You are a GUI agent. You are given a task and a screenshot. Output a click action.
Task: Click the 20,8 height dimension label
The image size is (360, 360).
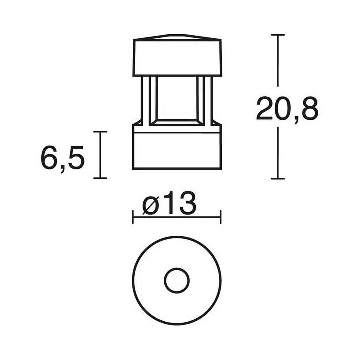click(x=287, y=109)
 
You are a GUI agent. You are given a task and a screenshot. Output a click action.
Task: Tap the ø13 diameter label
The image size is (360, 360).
click(x=169, y=203)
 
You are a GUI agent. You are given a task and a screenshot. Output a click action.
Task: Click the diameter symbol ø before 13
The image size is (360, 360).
click(x=151, y=205)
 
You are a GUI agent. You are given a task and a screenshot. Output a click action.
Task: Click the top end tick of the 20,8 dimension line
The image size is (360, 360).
click(x=278, y=35)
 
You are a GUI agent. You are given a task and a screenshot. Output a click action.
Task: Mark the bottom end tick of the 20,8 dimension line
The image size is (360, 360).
click(x=278, y=179)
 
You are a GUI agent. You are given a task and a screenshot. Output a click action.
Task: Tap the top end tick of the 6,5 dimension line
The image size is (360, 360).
click(x=100, y=132)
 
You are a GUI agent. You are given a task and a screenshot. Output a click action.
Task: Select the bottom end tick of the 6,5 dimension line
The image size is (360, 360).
click(x=100, y=178)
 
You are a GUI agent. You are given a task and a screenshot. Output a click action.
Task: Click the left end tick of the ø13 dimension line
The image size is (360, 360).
click(x=133, y=217)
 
